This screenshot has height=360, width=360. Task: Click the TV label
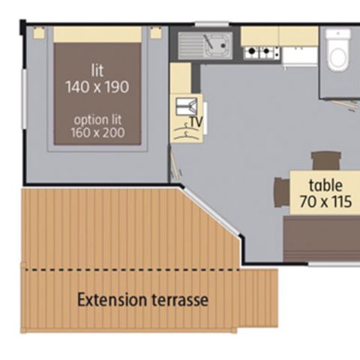coord(197,121)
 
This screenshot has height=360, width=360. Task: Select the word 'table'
coord(326,185)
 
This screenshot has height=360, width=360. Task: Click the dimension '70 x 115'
coord(325,201)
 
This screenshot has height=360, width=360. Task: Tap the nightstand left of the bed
coord(38,32)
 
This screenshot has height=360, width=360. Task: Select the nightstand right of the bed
coord(155,32)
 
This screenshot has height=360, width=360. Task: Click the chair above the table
coord(325,160)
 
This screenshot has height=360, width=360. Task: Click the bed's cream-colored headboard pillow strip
coord(97,34)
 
